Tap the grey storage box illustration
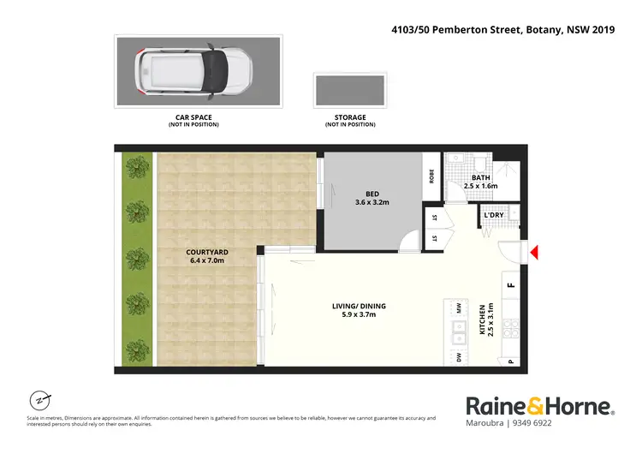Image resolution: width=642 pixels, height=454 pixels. [349, 90]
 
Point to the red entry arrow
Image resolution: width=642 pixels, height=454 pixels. [534, 253]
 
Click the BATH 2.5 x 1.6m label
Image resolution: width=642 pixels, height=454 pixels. [480, 182]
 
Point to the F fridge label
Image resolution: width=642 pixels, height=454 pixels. [511, 284]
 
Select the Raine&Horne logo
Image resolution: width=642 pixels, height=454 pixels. [539, 406]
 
